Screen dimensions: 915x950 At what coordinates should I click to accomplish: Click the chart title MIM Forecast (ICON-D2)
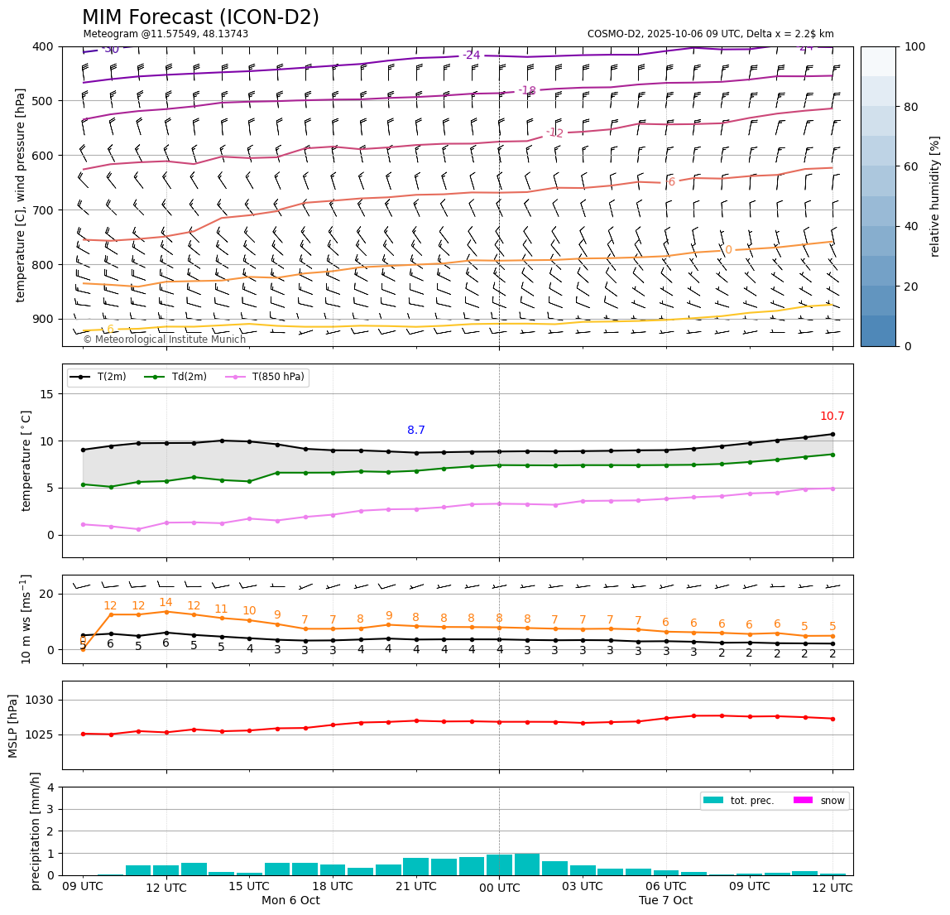[x=200, y=17]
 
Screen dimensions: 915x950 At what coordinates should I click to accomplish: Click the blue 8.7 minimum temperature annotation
[x=416, y=431]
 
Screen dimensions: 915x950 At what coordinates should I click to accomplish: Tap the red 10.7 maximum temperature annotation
[x=832, y=417]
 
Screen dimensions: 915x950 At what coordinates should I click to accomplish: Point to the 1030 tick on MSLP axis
[x=42, y=701]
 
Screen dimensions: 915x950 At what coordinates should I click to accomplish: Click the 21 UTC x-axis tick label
[x=415, y=887]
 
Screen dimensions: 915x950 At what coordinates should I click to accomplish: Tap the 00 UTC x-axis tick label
[x=499, y=888]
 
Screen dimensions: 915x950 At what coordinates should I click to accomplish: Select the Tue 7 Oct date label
[x=665, y=900]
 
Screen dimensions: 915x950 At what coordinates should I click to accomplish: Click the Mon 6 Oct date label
[x=290, y=900]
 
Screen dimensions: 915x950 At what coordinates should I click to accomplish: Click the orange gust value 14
[x=166, y=603]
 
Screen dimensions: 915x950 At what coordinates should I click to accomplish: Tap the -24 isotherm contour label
[x=471, y=55]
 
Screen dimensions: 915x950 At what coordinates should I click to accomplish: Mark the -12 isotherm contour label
[x=554, y=133]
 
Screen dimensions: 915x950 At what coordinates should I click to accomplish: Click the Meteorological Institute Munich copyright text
[x=164, y=340]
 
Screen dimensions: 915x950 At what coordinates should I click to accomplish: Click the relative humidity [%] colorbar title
[x=935, y=196]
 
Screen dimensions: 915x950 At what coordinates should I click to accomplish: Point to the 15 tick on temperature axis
[x=46, y=394]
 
